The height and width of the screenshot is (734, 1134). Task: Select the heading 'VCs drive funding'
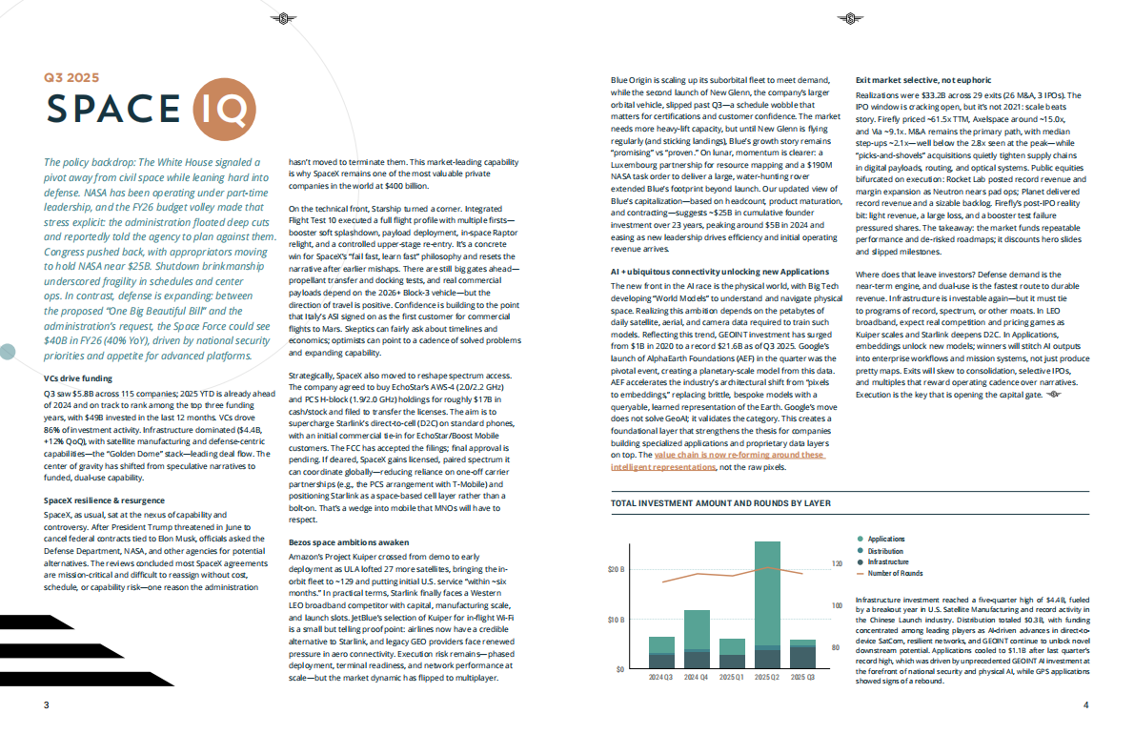coord(84,378)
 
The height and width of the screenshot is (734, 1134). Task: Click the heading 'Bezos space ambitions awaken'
coord(349,541)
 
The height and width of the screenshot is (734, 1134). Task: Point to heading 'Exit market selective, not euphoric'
coord(923,80)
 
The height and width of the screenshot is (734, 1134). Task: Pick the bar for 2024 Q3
coord(660,653)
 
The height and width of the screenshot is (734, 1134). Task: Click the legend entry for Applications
coord(886,540)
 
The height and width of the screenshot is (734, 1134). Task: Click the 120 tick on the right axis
coord(838,564)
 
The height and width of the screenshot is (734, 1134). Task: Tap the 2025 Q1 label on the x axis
coord(731,677)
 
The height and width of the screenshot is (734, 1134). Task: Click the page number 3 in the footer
coord(45,705)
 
